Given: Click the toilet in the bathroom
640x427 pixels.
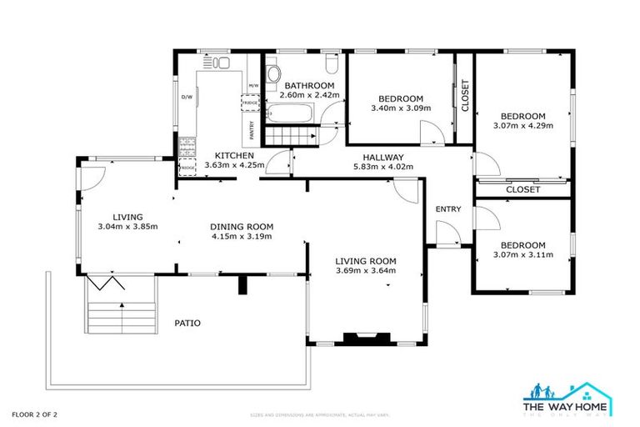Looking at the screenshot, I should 331,65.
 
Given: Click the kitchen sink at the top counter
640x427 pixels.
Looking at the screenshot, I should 218,63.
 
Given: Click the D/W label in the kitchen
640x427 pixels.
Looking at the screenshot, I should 187,96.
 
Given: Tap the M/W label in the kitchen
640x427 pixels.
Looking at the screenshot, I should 253,86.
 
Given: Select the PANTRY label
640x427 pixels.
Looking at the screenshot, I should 251,130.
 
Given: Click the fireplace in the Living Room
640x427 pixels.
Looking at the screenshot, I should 364,338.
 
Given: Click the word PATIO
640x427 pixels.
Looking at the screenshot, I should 187,323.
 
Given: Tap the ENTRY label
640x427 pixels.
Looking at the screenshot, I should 448,208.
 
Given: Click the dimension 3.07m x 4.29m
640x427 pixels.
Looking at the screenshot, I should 522,126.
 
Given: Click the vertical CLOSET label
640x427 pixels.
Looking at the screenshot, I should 465,96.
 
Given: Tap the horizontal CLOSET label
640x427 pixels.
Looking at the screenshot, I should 523,189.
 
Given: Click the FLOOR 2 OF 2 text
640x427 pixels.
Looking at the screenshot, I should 34,413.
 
